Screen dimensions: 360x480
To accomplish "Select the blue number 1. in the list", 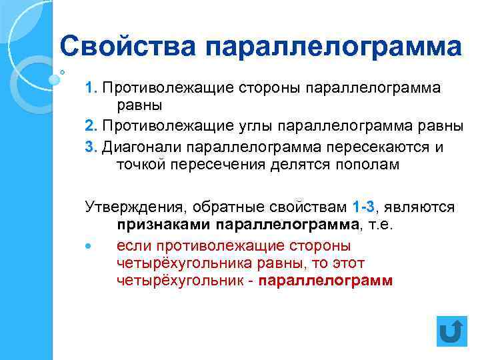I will [x=91, y=88].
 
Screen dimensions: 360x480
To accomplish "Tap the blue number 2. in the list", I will [x=91, y=126].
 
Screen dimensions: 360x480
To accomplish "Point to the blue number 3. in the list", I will [x=91, y=146].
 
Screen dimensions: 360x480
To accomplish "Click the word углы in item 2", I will [x=253, y=126].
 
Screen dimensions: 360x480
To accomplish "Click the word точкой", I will [x=141, y=164].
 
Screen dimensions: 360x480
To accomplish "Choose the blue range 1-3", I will [x=364, y=207].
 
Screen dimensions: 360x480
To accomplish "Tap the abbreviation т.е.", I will [x=382, y=225].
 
